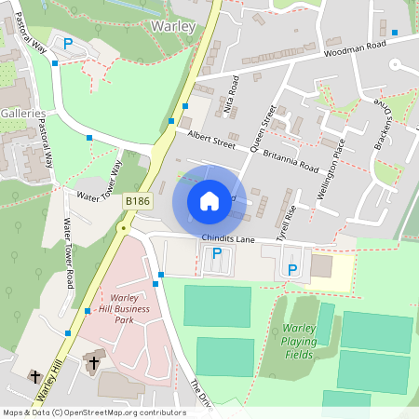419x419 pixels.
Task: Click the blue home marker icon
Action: [x=209, y=201]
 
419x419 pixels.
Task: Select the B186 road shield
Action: [x=138, y=201]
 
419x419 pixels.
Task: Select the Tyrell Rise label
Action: [x=291, y=224]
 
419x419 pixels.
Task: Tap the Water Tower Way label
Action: [x=101, y=183]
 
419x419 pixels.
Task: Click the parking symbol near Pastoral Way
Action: [x=68, y=42]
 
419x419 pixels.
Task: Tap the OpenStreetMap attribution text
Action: [x=94, y=412]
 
